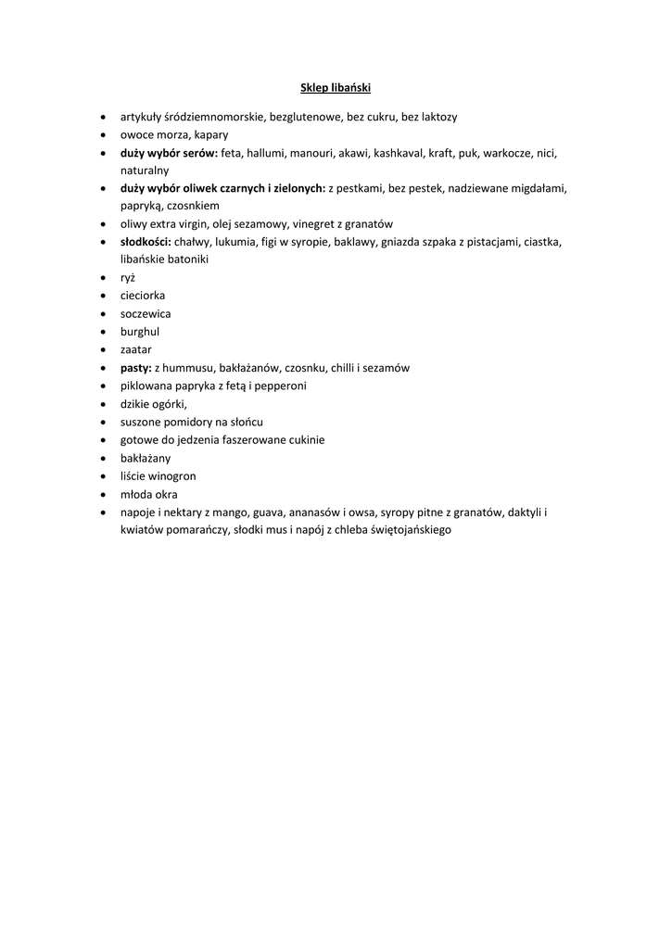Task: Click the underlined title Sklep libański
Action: (x=336, y=88)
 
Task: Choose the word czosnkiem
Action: (x=193, y=206)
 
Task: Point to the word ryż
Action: (x=128, y=277)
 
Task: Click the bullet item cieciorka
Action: (x=143, y=296)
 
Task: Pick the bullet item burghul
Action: (x=140, y=331)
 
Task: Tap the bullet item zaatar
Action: (x=136, y=349)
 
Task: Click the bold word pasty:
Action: (x=135, y=367)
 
